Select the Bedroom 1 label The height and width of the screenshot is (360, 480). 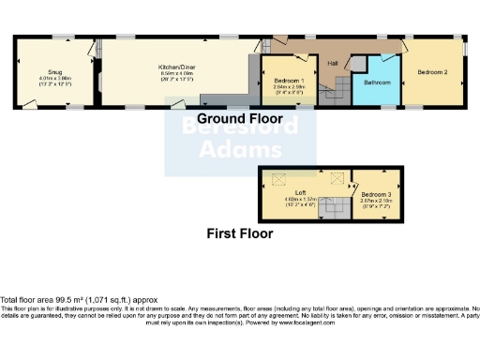pos(288,81)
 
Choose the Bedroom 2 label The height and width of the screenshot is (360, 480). pos(432,71)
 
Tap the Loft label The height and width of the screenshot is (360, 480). pos(300,192)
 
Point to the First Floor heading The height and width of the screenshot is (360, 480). pos(242,232)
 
